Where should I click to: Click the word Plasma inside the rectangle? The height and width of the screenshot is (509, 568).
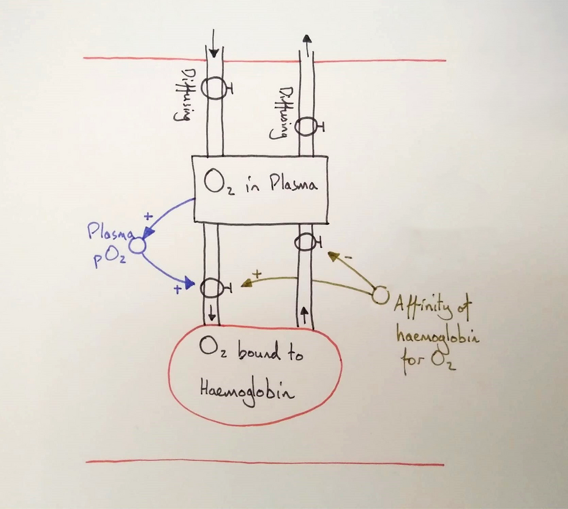pos(293,185)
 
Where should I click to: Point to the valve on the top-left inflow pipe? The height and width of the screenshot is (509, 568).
pos(216,88)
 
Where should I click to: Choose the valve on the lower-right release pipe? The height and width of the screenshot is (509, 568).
pos(307,242)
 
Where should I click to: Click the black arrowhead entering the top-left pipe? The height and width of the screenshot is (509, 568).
pos(214,53)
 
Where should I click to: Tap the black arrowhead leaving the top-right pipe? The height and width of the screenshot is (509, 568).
pos(307,39)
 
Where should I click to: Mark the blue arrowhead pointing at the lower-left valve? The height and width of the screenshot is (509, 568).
pos(189,283)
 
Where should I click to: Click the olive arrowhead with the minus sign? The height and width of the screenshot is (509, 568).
pos(333,256)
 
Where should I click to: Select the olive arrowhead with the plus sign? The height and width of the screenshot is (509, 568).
pos(247,283)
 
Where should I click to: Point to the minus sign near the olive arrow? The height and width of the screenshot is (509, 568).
pos(348,258)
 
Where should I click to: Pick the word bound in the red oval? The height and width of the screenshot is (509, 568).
pos(259,352)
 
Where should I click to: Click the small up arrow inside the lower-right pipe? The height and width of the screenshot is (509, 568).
pos(304,315)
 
